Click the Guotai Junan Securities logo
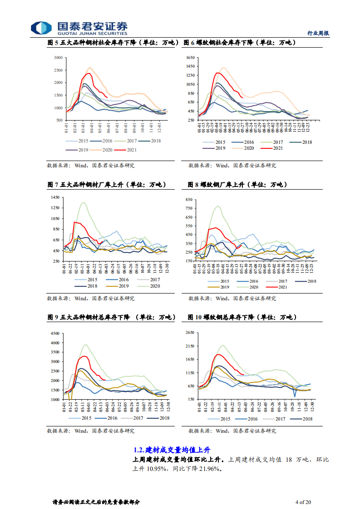coord(79,28)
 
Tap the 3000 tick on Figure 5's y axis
coord(58,58)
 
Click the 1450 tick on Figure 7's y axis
coord(55,197)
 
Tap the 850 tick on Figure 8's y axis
coord(189,200)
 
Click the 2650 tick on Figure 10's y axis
coord(189,333)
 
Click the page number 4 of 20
coord(303,502)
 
